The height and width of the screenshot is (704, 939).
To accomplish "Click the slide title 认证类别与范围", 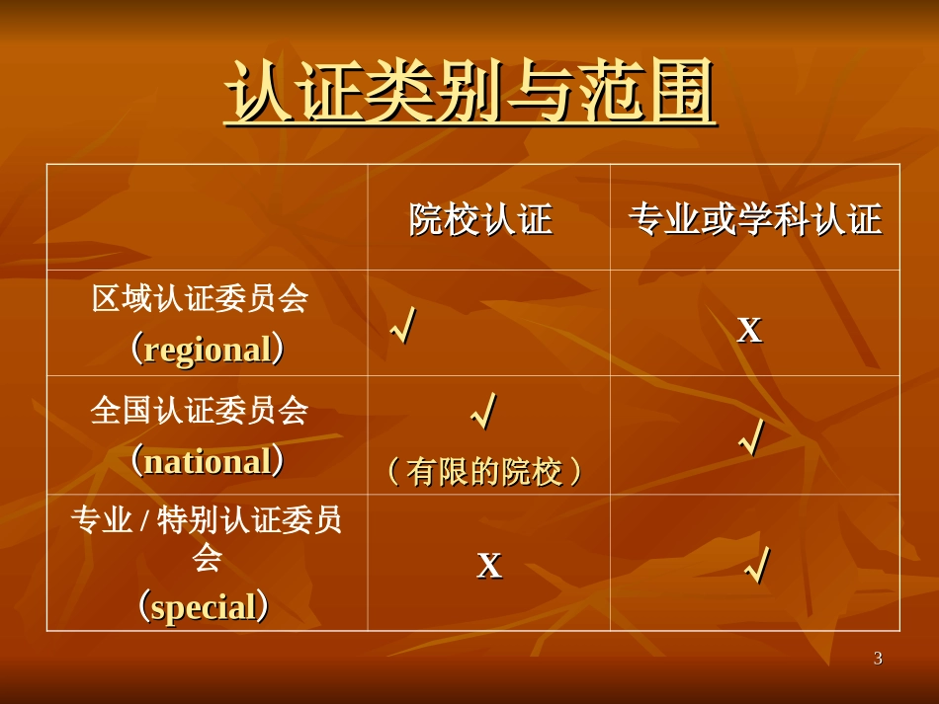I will (x=469, y=94).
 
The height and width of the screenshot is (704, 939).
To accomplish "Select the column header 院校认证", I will (x=480, y=219).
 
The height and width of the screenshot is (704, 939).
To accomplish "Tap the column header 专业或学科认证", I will (x=754, y=219).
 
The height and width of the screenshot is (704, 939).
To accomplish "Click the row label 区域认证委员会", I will (x=201, y=299).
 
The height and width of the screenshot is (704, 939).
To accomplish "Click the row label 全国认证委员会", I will (x=201, y=410).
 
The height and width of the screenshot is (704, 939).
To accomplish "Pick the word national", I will (x=208, y=461).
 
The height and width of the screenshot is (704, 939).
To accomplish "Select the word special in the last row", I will (x=203, y=606).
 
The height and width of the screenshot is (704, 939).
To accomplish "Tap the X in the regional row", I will (x=750, y=329).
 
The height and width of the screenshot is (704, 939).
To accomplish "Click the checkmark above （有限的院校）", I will (x=484, y=413).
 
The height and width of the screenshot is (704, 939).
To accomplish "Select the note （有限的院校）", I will (x=484, y=473).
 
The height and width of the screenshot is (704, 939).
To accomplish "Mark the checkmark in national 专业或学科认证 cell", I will (x=752, y=437).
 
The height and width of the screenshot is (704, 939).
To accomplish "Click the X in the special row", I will (x=489, y=565).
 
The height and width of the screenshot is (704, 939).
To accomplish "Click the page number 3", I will (x=878, y=659).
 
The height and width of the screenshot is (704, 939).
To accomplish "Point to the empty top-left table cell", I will (x=207, y=217).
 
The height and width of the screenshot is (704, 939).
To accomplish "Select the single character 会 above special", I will (x=207, y=558).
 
